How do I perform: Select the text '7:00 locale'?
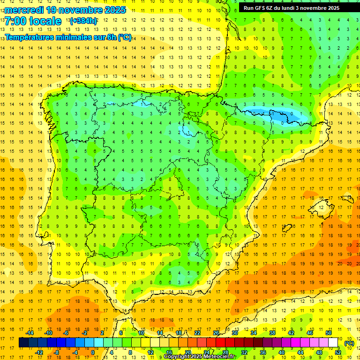coord(33,21)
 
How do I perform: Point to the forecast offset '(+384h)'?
coord(83,21)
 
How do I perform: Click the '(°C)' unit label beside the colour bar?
coord(349,343)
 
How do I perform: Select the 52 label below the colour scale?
coord(338,352)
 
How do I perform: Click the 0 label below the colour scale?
coord(93,352)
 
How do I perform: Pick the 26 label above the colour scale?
coord(216,333)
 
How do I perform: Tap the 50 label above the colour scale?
coord(329,333)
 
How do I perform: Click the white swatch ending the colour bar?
coord(333,343)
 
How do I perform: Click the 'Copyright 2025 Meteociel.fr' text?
coord(199,357)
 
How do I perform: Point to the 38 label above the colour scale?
coord(272,333)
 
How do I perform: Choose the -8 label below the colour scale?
coord(57,352)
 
